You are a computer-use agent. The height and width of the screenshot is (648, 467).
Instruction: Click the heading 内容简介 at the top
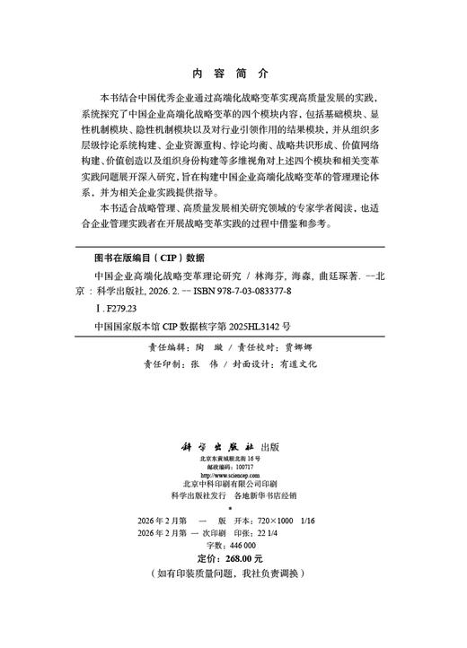tap(231, 75)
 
